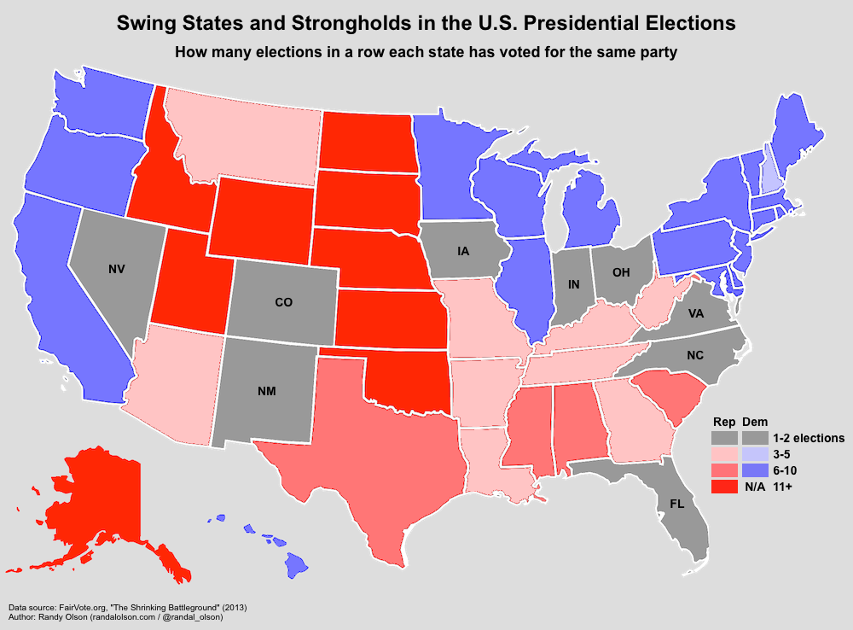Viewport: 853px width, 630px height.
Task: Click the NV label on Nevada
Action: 118,269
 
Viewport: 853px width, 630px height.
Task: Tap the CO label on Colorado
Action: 284,301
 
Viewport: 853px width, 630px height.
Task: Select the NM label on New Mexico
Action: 266,392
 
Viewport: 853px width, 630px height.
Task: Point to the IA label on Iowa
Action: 463,251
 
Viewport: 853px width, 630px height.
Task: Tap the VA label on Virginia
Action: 695,313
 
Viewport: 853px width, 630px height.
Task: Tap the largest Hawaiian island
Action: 296,563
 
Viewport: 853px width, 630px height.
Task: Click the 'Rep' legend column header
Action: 724,421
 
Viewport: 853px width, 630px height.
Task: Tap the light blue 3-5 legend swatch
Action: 754,454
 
